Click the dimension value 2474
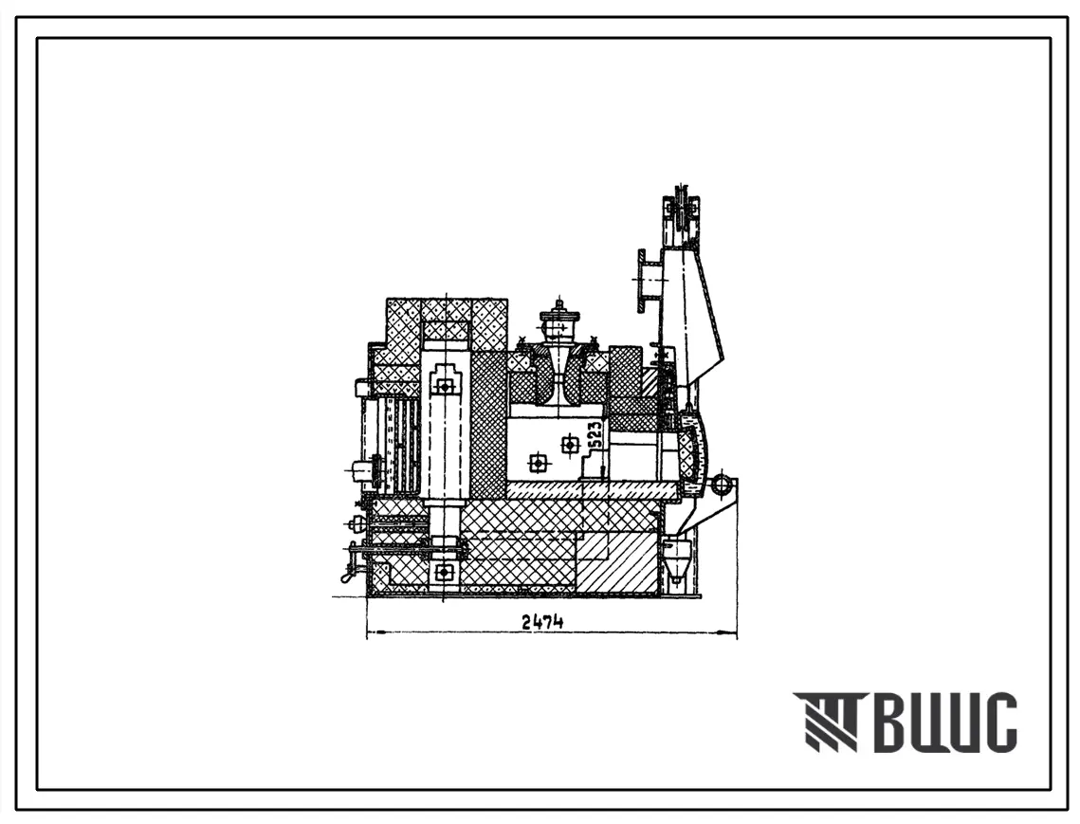(x=542, y=621)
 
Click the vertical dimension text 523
(x=596, y=436)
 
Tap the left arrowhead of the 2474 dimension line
(x=375, y=632)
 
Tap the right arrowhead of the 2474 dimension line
(x=729, y=632)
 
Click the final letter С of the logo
(x=999, y=722)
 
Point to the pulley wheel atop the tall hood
(x=682, y=213)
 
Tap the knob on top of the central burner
(x=560, y=306)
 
